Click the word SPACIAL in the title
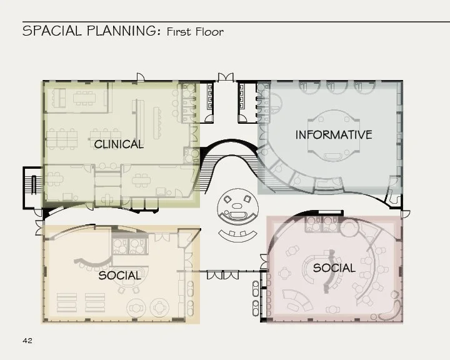52,31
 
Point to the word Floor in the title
209,32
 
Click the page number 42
27,341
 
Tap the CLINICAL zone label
119,144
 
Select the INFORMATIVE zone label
334,134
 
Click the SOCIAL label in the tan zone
119,276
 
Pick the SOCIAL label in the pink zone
334,268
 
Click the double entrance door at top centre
226,77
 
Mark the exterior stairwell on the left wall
33,187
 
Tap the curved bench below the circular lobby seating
237,236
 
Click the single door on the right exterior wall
406,214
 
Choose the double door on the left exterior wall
39,227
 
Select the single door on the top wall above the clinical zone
141,77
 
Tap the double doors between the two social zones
222,274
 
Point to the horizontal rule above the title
236,21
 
